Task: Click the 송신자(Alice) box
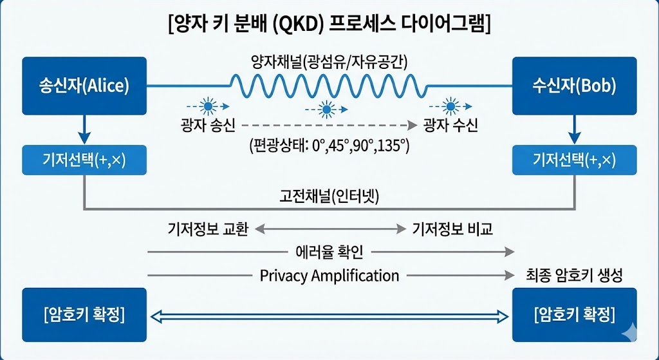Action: pos(84,86)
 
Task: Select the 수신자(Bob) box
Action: pos(575,86)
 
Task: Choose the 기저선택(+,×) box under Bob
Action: pos(575,160)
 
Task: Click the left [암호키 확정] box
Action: pos(84,315)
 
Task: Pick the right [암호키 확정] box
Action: pos(575,315)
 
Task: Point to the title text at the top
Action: pos(329,26)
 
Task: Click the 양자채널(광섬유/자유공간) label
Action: pos(329,62)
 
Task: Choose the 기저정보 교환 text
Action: pos(207,229)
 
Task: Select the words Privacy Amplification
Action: pos(329,276)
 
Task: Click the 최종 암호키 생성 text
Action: pos(573,276)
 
